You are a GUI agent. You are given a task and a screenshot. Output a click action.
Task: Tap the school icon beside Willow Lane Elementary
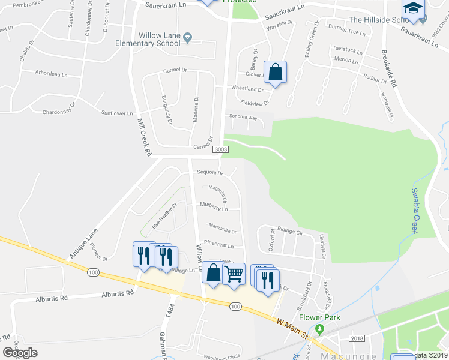pos(187,38)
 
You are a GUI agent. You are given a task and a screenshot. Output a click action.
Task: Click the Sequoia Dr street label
pos(210,173)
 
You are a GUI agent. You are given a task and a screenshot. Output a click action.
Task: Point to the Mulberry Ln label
pos(214,209)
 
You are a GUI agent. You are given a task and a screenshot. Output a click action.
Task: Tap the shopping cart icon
pos(234,274)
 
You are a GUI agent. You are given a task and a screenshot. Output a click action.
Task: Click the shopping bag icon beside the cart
pos(213,272)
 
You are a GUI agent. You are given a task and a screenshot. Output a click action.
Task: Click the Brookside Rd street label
pos(390,70)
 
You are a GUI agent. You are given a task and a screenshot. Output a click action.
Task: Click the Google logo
pos(20,353)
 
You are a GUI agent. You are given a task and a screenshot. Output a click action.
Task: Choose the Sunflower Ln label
pos(116,113)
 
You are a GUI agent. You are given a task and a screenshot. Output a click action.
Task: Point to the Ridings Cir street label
pos(290,232)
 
